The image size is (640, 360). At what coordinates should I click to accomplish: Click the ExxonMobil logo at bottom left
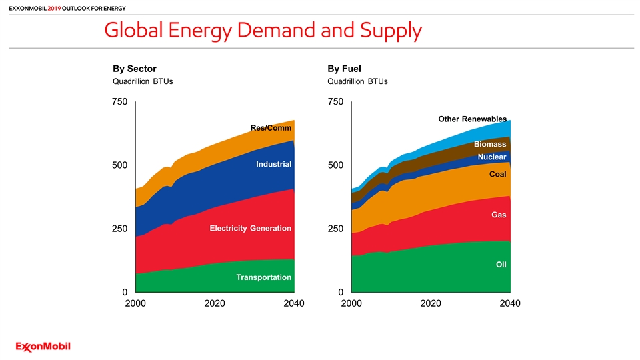coord(43,347)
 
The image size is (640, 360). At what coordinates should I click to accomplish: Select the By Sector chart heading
coord(134,69)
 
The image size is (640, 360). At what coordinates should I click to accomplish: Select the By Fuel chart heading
coord(344,69)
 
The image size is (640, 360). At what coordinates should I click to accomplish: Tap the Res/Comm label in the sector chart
coord(271,128)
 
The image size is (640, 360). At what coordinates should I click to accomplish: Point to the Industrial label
coord(274,164)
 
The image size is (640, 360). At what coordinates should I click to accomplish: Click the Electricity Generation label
coord(251,228)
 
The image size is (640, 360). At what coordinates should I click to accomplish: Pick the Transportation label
coord(264,277)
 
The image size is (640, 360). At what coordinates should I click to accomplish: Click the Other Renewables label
coord(472,119)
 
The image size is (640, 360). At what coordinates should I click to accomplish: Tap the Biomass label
coord(490,144)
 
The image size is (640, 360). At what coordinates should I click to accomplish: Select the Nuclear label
coord(492,157)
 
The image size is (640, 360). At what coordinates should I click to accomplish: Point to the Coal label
coord(497,174)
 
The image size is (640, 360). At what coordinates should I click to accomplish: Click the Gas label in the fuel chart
coord(499,215)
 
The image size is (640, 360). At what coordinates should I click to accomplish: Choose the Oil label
coord(501,265)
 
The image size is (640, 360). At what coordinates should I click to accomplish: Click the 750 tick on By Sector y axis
coord(119,101)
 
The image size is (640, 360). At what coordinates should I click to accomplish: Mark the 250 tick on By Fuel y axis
coord(335,229)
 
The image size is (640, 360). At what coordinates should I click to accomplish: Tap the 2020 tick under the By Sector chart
coord(215,303)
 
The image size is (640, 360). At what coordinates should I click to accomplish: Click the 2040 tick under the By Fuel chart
coord(510,303)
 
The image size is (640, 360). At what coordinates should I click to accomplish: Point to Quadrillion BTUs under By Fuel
coord(357,81)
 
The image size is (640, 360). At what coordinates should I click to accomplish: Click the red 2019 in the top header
coord(54,8)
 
